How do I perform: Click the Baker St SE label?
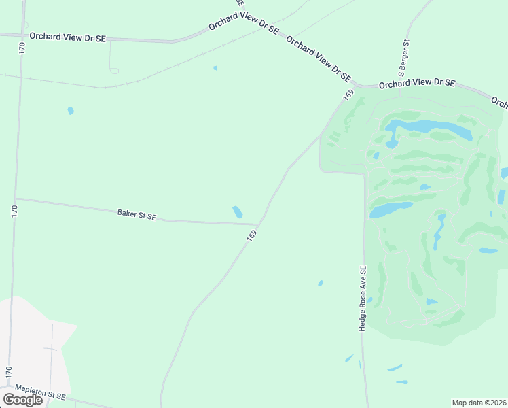coord(137,214)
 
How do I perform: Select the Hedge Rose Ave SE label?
coord(363,299)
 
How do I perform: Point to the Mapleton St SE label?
coord(41,395)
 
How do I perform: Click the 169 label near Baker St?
coord(252,235)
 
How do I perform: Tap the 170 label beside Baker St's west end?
coord(14,211)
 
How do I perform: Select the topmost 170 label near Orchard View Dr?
coord(22,48)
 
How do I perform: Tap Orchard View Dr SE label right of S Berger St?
coord(416,84)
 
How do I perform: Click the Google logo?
coord(22,399)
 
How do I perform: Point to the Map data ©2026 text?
coord(479,402)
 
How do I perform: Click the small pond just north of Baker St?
coord(237,212)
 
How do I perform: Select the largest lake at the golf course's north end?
coord(428,127)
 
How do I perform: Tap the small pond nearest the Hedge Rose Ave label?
coord(321,283)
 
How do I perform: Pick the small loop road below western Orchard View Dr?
coord(113,71)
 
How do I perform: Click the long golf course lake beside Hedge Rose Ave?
coord(391,209)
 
